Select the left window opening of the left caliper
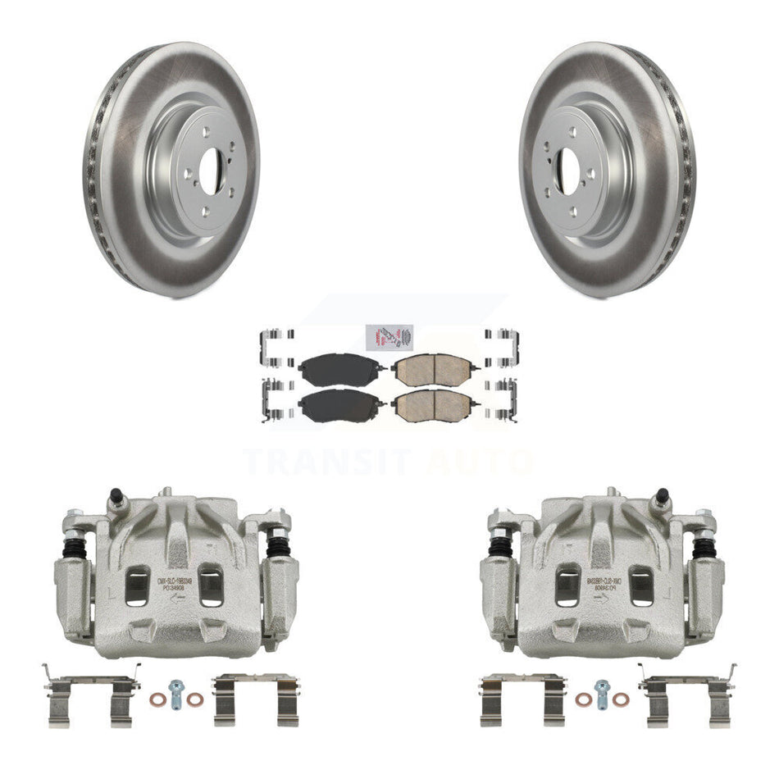click(x=137, y=585)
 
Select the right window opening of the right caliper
click(x=640, y=585)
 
